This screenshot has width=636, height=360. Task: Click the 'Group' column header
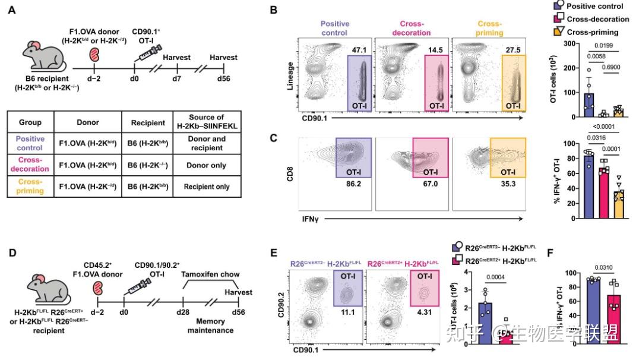30,122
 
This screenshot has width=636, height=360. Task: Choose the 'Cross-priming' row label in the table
30,190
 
